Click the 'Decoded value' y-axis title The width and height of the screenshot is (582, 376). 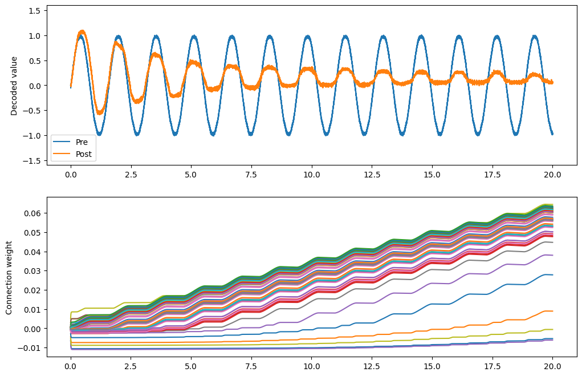[15, 86]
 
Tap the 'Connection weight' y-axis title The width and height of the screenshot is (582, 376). [10, 276]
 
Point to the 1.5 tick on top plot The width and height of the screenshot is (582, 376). [35, 11]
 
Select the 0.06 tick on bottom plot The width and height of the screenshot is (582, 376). [33, 213]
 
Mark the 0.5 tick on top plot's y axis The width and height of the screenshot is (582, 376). [35, 61]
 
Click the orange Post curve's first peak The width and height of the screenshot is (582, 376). [82, 31]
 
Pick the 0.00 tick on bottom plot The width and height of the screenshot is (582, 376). [33, 329]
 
